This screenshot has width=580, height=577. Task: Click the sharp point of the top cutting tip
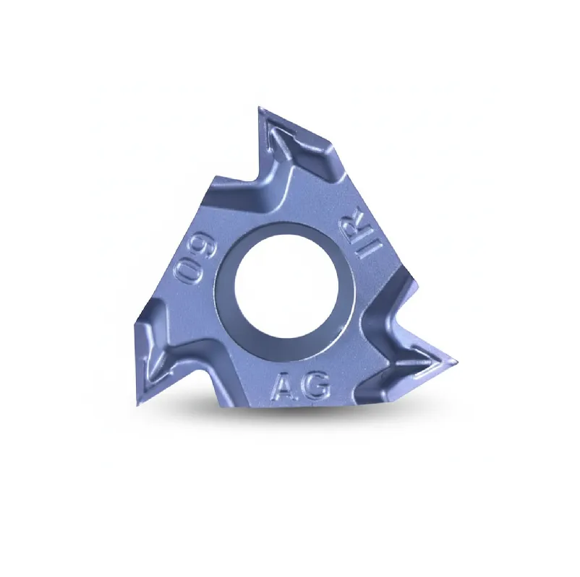[259, 107]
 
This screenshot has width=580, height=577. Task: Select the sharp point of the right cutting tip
[457, 360]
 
